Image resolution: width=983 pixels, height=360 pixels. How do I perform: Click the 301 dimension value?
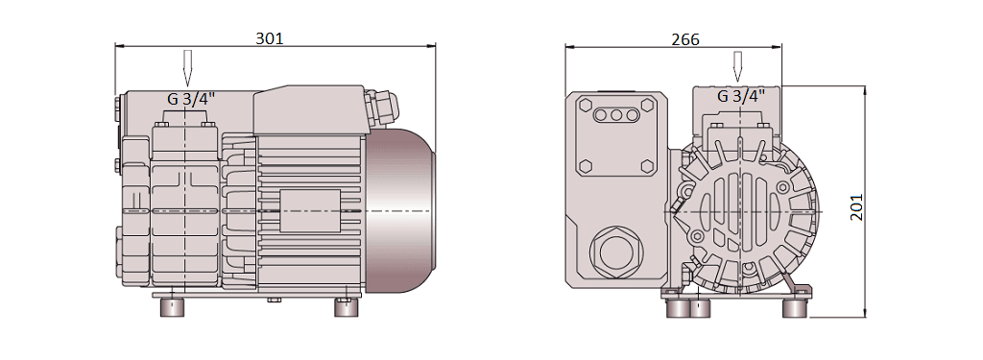(270, 38)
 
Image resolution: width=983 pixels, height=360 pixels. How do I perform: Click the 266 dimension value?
(685, 39)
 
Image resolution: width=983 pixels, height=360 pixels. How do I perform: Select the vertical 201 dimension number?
(856, 207)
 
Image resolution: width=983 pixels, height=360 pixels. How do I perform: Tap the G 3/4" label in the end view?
(741, 96)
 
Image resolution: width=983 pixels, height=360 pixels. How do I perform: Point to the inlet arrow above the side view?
(187, 68)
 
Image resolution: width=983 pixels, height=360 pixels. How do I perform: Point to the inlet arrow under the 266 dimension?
(738, 66)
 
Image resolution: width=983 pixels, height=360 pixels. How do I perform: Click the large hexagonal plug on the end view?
(617, 252)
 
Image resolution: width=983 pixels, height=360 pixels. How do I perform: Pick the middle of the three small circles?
(616, 115)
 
